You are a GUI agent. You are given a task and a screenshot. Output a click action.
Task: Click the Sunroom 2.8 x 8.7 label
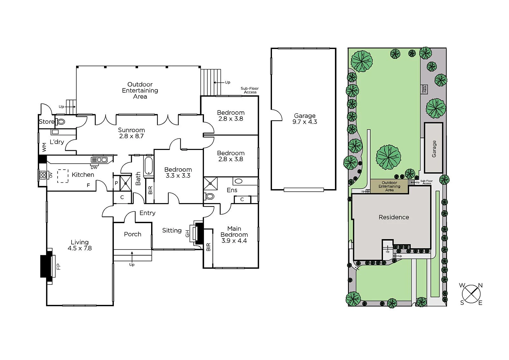click(131, 133)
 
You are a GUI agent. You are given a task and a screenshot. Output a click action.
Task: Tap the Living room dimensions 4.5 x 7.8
click(80, 248)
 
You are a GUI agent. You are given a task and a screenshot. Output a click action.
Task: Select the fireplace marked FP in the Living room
click(48, 266)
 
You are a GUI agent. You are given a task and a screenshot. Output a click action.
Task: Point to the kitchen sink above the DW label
click(99, 160)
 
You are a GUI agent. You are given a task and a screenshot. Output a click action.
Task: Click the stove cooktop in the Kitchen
click(43, 175)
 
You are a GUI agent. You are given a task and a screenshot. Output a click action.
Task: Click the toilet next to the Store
click(60, 122)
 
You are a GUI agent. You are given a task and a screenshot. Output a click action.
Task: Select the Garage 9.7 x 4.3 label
click(305, 119)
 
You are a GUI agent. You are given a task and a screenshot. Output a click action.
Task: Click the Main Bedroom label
click(234, 231)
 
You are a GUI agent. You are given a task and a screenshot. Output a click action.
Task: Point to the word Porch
click(133, 234)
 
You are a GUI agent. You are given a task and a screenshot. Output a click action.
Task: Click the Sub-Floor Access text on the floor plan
click(250, 90)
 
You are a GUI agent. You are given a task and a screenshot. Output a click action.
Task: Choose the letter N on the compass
click(480, 285)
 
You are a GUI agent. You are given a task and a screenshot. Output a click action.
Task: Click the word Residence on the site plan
click(394, 217)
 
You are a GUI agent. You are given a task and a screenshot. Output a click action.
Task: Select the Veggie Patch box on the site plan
click(424, 89)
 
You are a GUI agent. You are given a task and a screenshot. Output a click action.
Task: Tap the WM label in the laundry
click(44, 147)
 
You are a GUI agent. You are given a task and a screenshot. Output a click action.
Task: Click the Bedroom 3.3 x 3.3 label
click(178, 173)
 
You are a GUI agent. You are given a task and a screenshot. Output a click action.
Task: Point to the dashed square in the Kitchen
click(63, 176)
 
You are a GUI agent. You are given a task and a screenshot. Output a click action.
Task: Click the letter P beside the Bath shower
click(116, 183)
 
